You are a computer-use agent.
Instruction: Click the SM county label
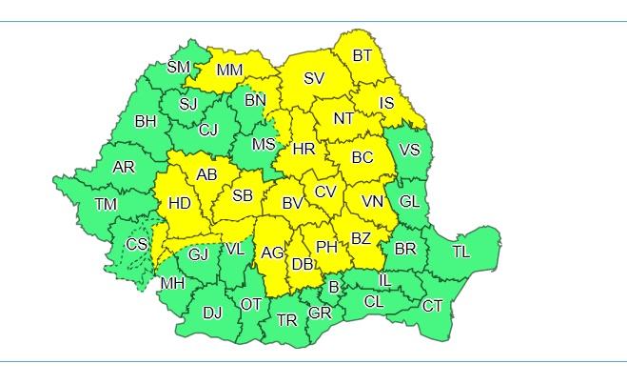(x=178, y=67)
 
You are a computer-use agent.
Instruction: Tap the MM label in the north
(x=230, y=71)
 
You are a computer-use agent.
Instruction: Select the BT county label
(x=362, y=56)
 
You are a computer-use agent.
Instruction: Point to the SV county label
(x=314, y=79)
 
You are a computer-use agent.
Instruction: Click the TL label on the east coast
(x=460, y=253)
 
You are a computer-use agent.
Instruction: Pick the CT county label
(x=433, y=306)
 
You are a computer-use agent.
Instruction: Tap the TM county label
(x=106, y=204)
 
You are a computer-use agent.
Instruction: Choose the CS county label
(x=137, y=245)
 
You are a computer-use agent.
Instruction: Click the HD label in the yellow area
(x=179, y=203)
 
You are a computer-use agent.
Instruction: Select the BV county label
(x=291, y=203)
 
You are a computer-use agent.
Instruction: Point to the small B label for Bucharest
(x=334, y=287)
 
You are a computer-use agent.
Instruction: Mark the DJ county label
(x=213, y=312)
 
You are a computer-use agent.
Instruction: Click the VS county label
(x=409, y=151)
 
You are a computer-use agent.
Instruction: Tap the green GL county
(x=409, y=202)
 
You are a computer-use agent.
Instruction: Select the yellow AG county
(x=272, y=253)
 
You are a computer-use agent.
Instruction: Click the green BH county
(x=146, y=121)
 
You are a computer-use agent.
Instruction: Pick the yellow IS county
(x=386, y=103)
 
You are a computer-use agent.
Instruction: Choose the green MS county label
(x=264, y=145)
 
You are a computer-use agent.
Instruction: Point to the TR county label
(x=287, y=320)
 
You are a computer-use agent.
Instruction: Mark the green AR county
(x=124, y=168)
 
